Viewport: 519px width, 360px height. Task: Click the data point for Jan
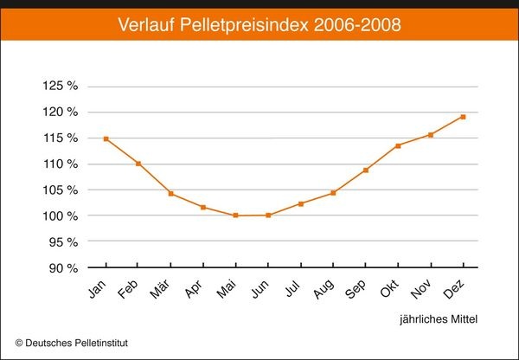(x=106, y=138)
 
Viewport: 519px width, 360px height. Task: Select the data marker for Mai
(x=235, y=215)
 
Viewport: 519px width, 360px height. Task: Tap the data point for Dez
(x=463, y=117)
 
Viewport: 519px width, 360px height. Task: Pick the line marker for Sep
(x=366, y=170)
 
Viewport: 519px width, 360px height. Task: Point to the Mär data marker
(x=170, y=193)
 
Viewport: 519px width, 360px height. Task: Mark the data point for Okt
(x=398, y=145)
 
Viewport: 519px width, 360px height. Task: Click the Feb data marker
(x=138, y=164)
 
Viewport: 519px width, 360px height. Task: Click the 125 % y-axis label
(x=61, y=87)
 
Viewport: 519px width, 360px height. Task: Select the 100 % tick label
(x=61, y=215)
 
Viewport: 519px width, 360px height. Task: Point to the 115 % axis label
(x=61, y=138)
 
